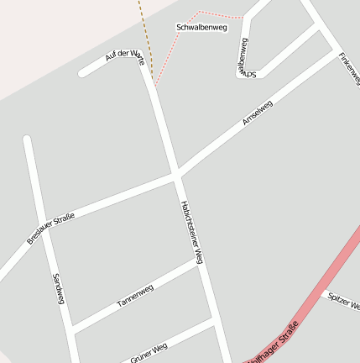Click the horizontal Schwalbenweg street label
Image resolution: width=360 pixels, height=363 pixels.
tap(201, 28)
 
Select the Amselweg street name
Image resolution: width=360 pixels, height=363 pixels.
tap(258, 113)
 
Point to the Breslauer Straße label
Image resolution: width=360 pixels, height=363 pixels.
tap(50, 229)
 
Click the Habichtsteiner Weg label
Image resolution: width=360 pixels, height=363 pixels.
tap(192, 231)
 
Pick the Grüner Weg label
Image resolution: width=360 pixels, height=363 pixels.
tap(149, 353)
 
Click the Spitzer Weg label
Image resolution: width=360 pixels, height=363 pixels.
tap(343, 299)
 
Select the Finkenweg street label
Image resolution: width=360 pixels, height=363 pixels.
tap(349, 67)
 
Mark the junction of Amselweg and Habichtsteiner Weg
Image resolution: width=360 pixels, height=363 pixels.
tap(177, 174)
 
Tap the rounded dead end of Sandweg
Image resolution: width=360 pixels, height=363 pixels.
tap(27, 139)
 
